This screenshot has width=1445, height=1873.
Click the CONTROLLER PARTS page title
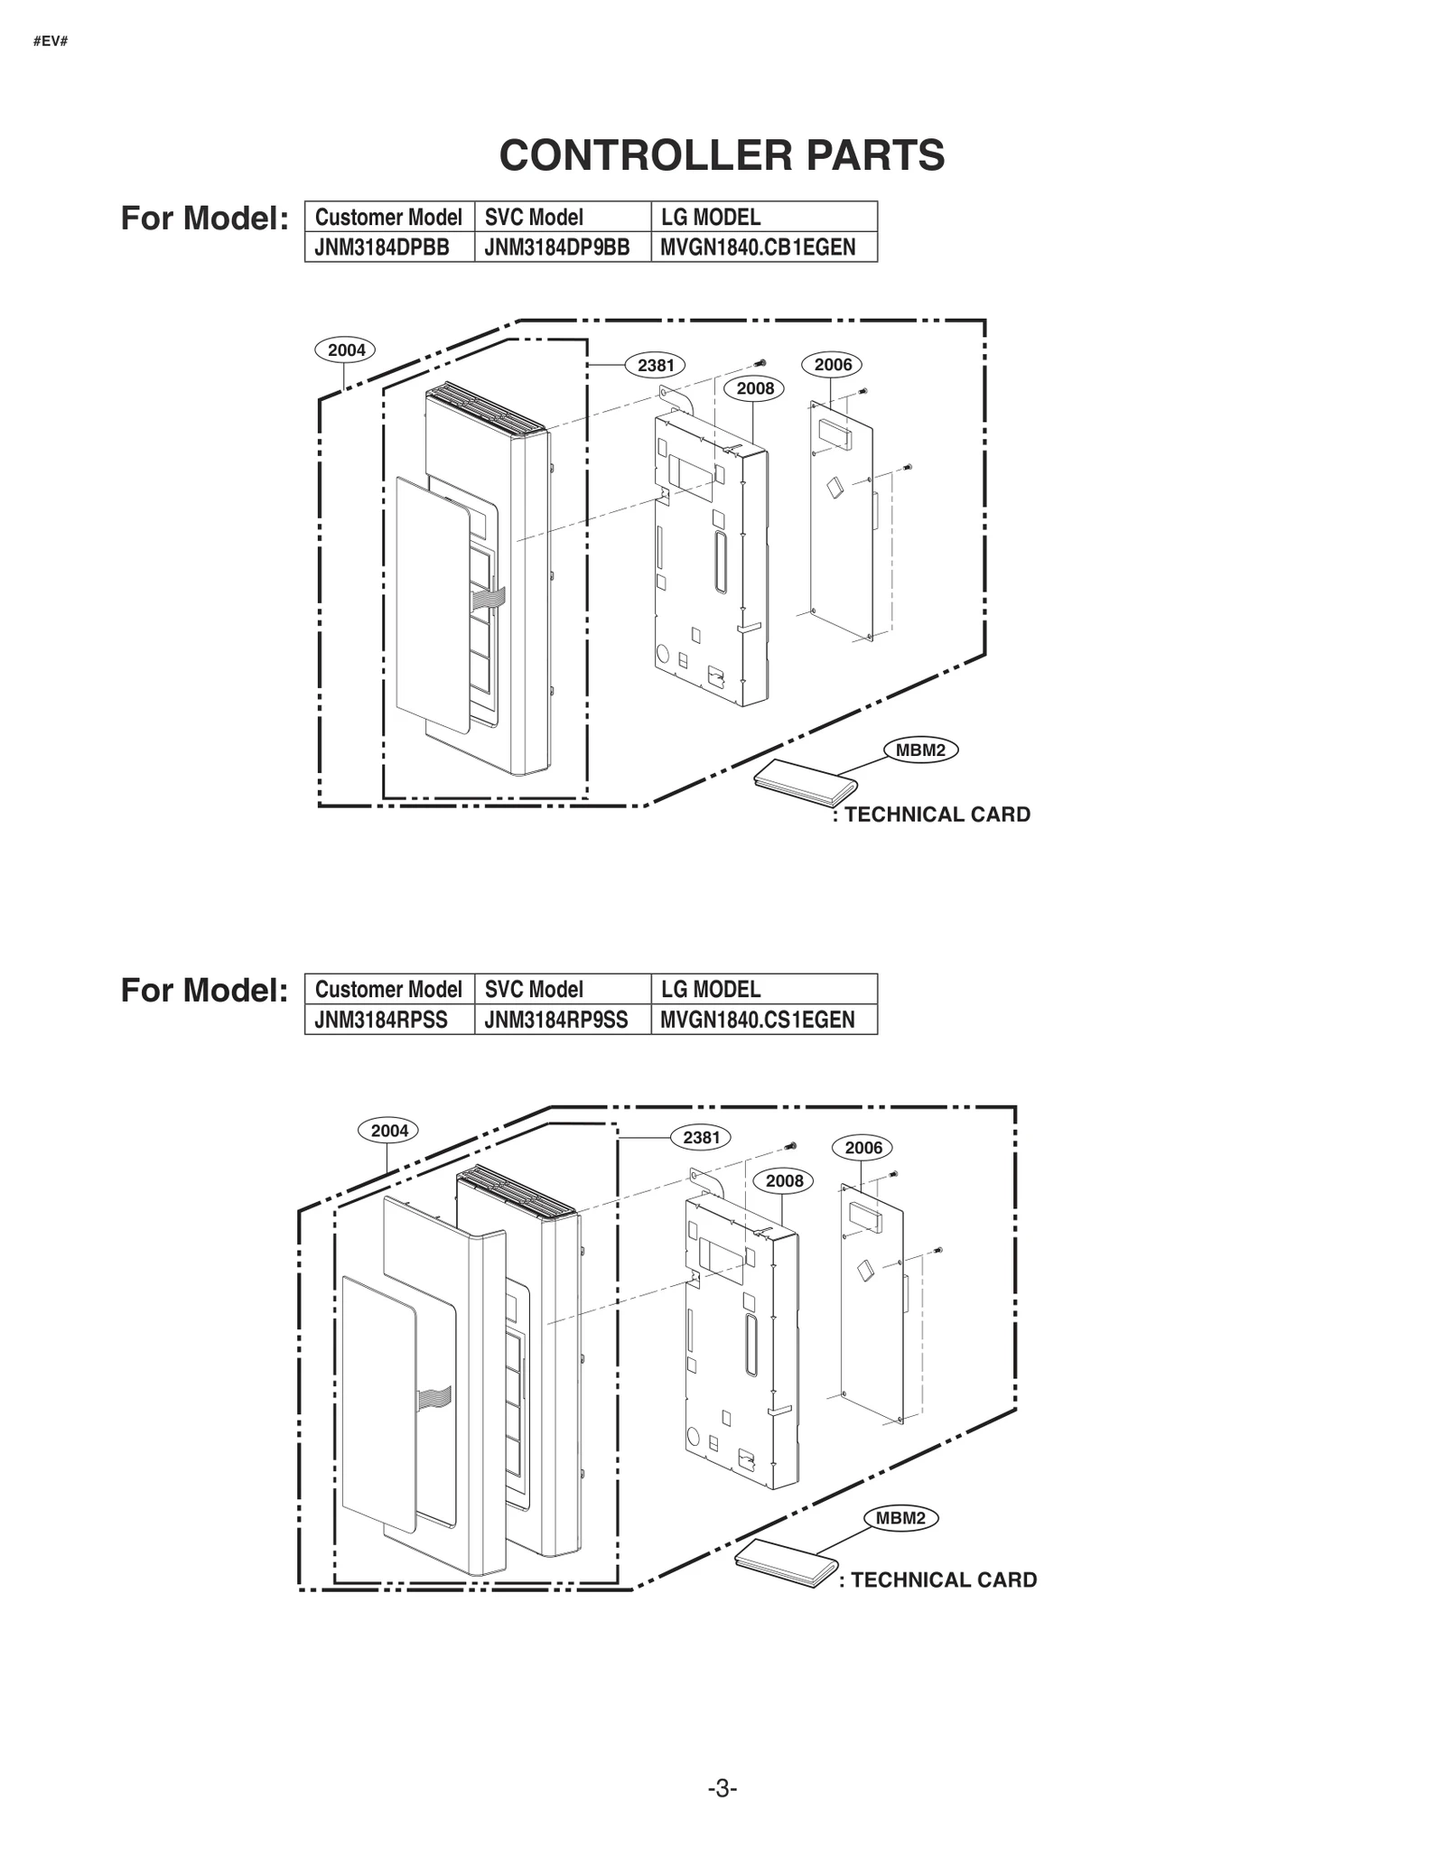pyautogui.click(x=722, y=155)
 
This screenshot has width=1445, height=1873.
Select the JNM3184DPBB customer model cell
pyautogui.click(x=382, y=247)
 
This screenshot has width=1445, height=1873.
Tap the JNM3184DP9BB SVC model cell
pyautogui.click(x=556, y=247)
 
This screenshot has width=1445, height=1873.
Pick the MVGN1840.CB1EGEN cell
pyautogui.click(x=758, y=247)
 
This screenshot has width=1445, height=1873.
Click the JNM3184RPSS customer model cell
pyautogui.click(x=381, y=1020)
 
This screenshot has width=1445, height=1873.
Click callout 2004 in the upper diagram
pyautogui.click(x=346, y=350)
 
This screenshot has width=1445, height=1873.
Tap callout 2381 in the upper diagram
pyautogui.click(x=656, y=365)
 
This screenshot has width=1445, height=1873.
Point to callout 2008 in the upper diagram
pyautogui.click(x=755, y=388)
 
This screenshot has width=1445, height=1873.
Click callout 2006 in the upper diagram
pyautogui.click(x=833, y=365)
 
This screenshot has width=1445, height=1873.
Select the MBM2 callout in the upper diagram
pyautogui.click(x=920, y=750)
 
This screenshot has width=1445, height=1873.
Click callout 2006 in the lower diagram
pyautogui.click(x=863, y=1148)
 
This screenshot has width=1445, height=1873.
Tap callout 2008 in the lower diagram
pyautogui.click(x=784, y=1181)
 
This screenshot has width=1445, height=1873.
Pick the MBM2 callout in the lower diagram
pyautogui.click(x=900, y=1518)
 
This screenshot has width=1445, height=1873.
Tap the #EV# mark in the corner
pyautogui.click(x=51, y=42)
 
